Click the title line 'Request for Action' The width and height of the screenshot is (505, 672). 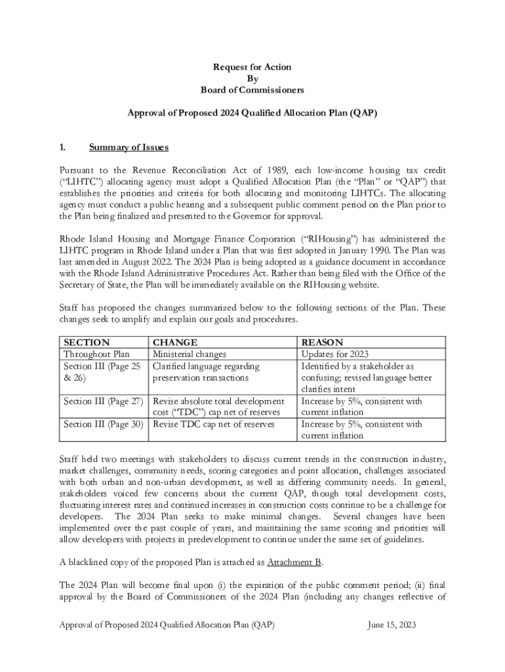252,67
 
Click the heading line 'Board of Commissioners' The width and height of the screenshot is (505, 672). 252,90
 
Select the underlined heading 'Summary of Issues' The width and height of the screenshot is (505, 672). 129,147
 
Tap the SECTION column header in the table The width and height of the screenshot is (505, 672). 87,343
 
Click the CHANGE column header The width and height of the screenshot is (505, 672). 174,343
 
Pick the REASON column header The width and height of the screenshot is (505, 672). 322,343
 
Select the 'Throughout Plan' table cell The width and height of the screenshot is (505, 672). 96,354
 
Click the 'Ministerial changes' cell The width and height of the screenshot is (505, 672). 189,354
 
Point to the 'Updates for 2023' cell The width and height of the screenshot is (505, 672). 334,354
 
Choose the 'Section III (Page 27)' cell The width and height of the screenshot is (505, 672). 103,401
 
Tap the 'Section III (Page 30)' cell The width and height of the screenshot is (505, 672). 103,424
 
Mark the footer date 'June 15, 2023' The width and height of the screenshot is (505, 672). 392,625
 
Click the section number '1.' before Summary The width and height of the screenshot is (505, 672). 63,147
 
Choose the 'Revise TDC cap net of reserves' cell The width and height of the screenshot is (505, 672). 214,424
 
